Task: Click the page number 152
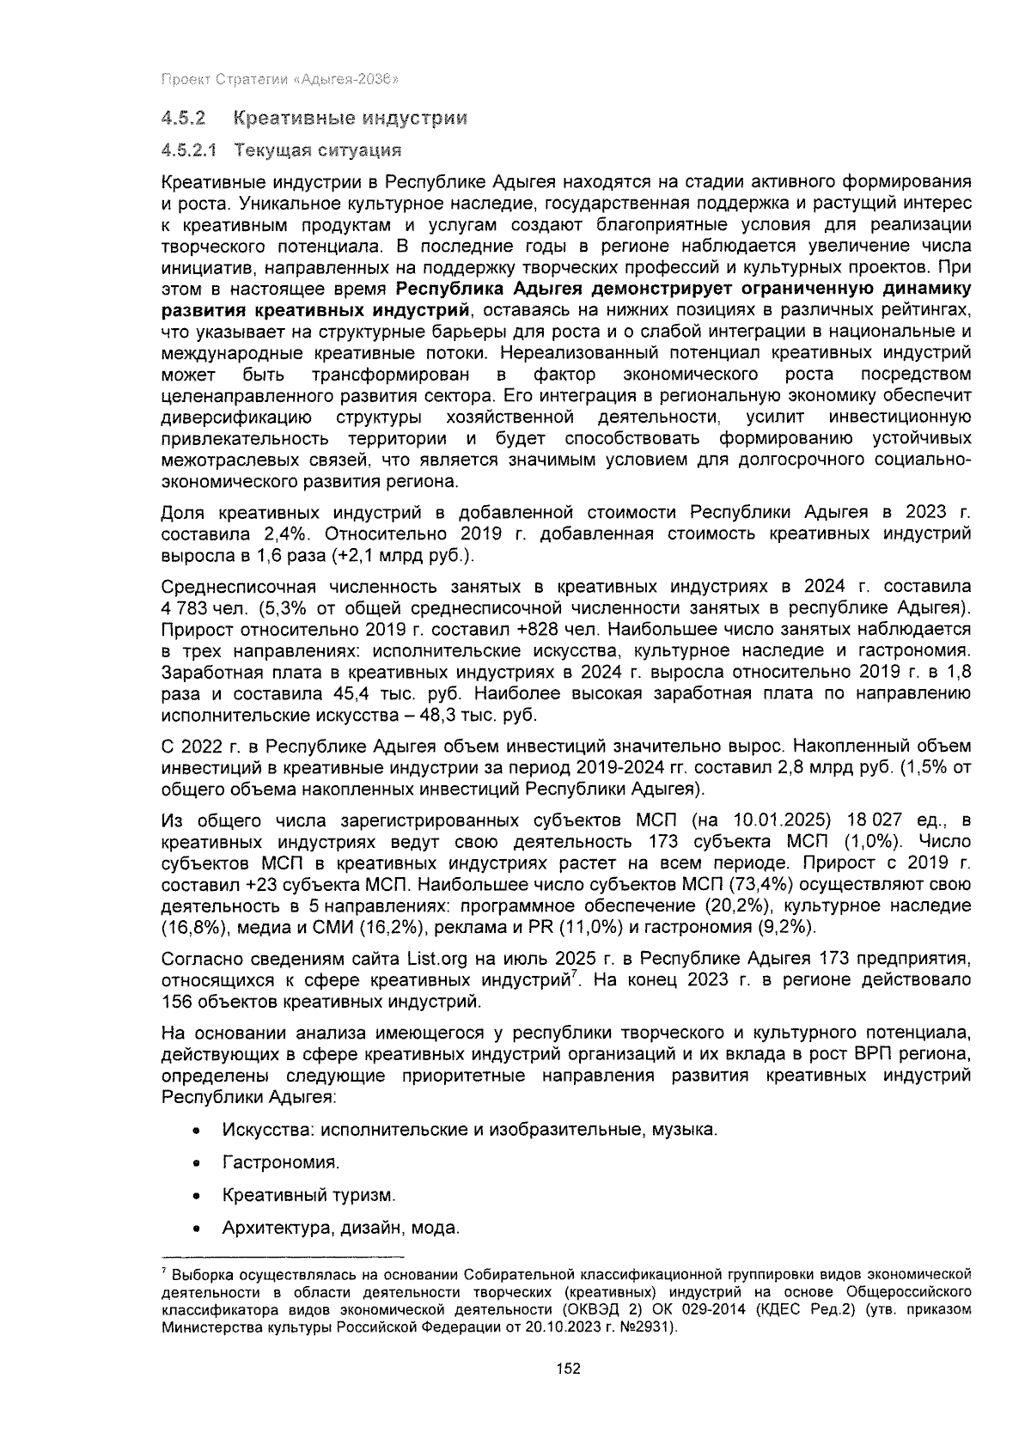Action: click(x=569, y=1369)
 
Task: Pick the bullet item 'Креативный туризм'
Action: click(x=308, y=1195)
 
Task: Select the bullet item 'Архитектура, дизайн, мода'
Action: click(x=340, y=1228)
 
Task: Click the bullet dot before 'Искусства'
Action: click(x=198, y=1130)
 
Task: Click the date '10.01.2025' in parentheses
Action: click(x=778, y=819)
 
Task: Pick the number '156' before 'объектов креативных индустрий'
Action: click(x=176, y=1001)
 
